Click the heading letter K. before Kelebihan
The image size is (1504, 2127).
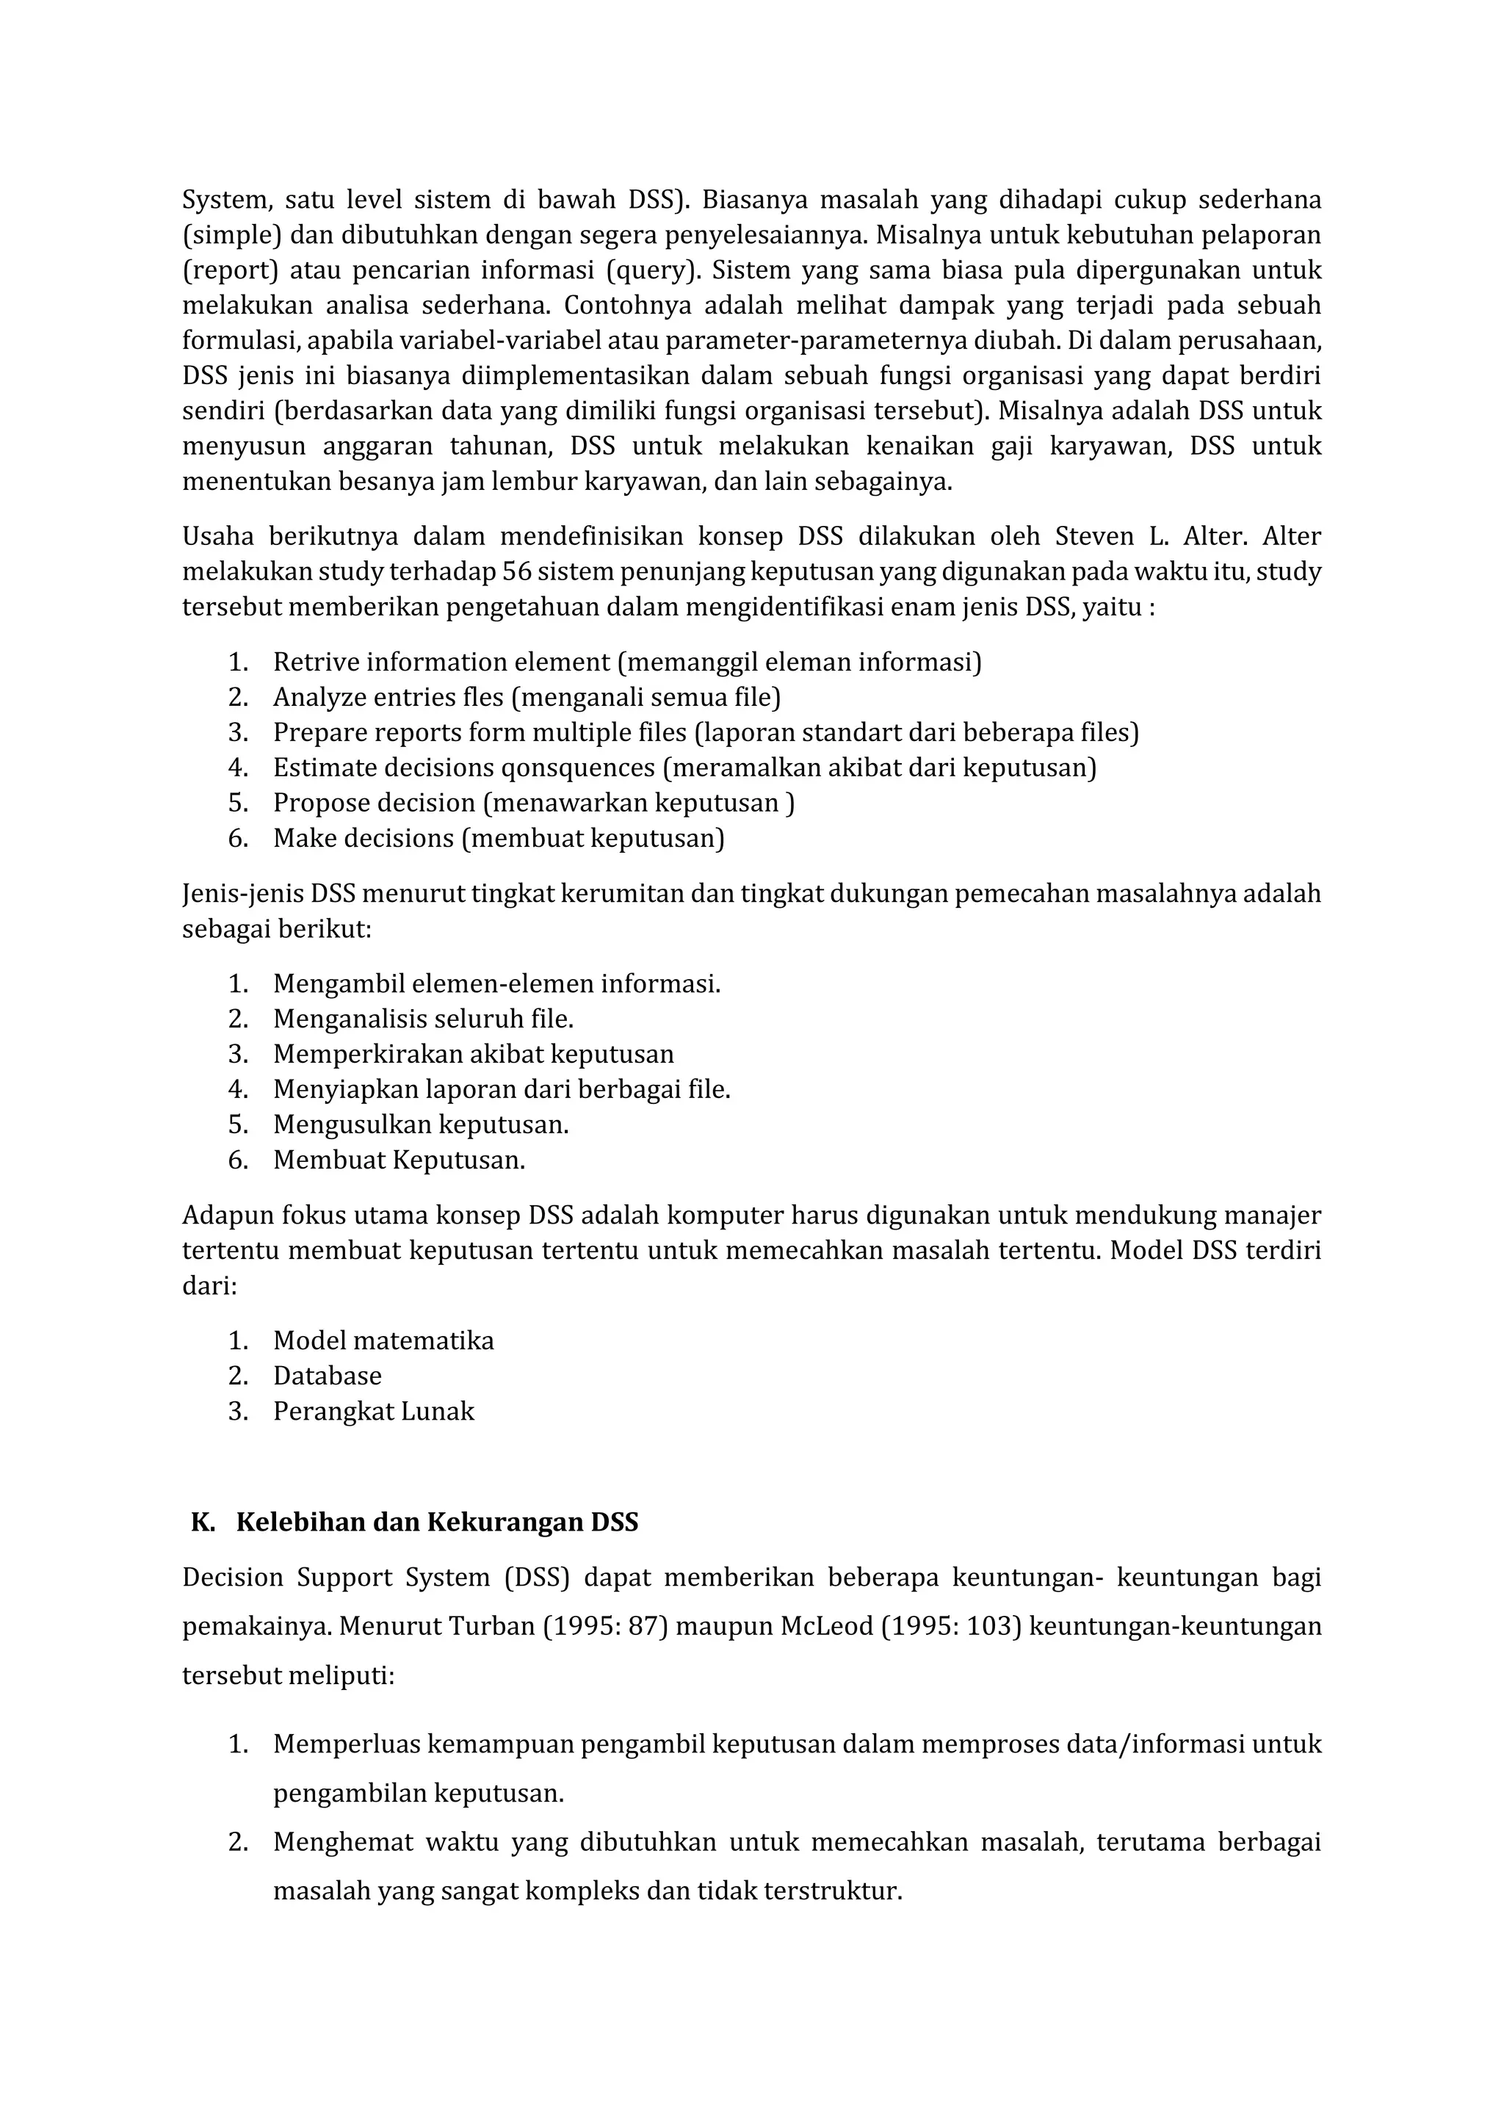[202, 1523]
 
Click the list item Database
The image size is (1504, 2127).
[327, 1376]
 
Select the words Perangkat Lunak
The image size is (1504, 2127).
[373, 1411]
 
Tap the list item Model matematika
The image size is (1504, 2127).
[383, 1340]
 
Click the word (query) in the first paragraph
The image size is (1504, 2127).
[650, 270]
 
